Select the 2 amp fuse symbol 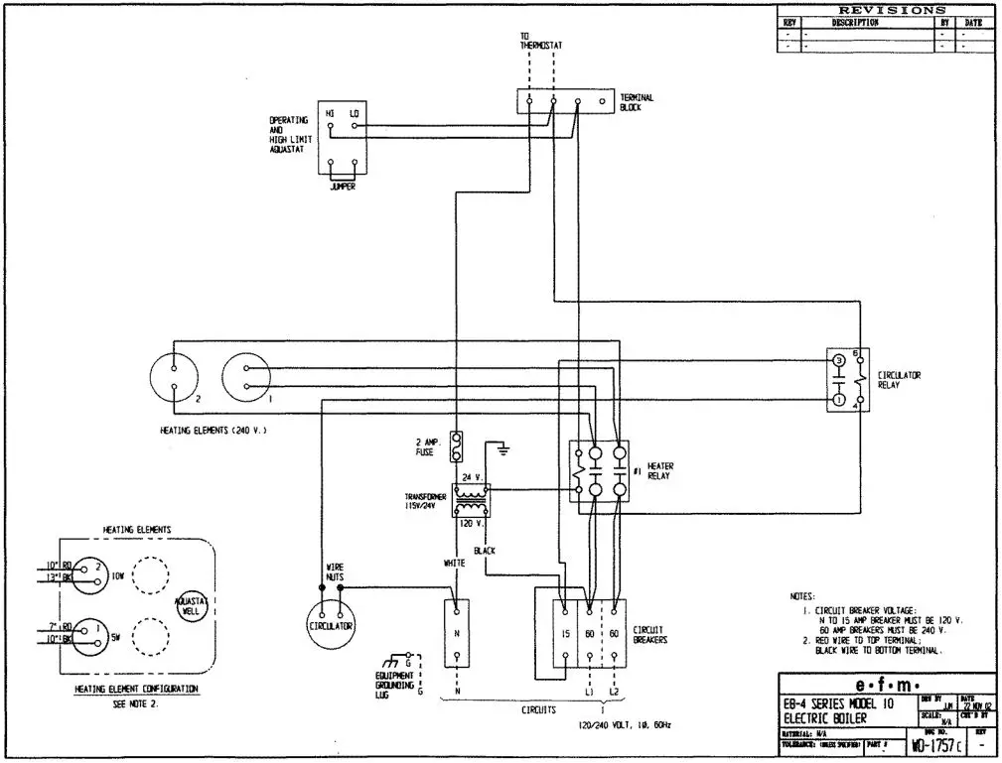tap(458, 446)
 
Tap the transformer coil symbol tap(469, 499)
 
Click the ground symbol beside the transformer tap(505, 450)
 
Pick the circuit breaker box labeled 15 tap(563, 633)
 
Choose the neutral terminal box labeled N tap(456, 632)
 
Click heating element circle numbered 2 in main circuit tap(175, 377)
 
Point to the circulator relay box tap(847, 379)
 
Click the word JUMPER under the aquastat tap(342, 187)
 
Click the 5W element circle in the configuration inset tap(87, 631)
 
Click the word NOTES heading tap(801, 596)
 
